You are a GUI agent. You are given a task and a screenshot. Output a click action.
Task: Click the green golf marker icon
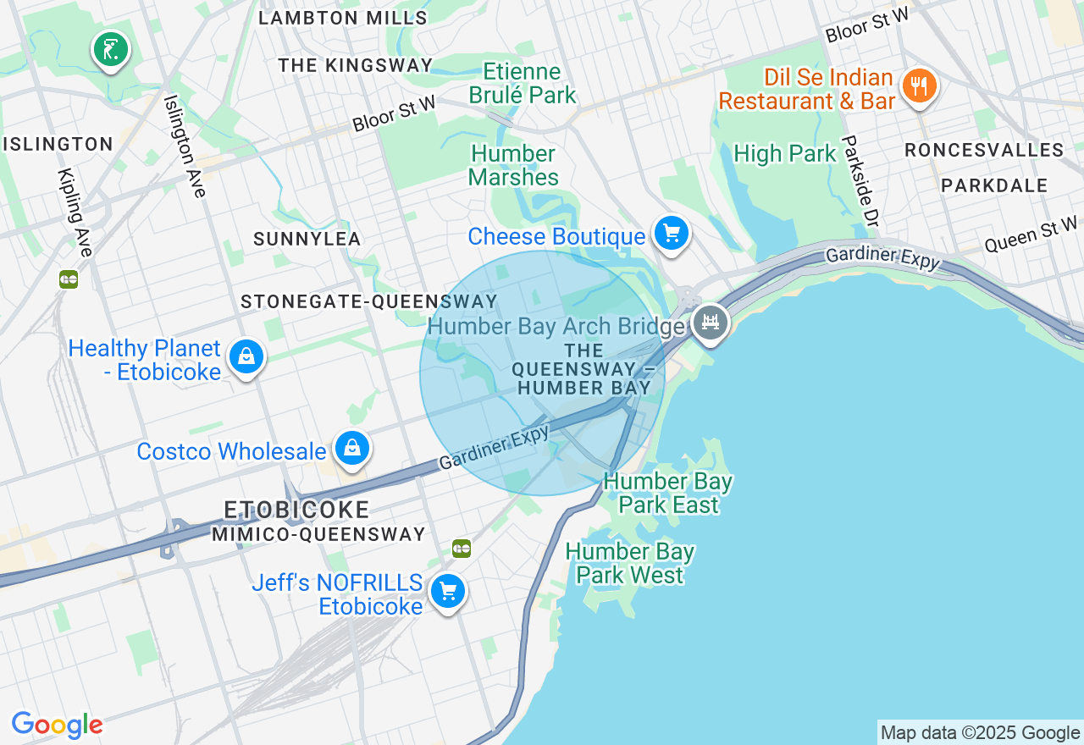110,50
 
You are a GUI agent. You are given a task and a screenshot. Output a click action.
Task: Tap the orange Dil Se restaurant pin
918,86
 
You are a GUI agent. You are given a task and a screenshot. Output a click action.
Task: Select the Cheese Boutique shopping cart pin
672,232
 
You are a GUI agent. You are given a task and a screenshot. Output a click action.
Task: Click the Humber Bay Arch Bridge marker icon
711,323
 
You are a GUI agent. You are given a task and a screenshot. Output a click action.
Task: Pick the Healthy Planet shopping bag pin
246,356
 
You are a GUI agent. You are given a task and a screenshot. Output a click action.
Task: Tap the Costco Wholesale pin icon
351,448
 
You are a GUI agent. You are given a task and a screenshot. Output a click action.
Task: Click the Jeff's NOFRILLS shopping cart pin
447,591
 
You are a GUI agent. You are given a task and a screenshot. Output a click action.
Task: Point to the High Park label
784,154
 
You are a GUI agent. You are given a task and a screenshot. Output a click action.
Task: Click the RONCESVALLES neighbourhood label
984,150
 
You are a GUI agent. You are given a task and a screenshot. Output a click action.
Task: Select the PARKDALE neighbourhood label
994,185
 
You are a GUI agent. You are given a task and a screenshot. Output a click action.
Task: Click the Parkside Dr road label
860,181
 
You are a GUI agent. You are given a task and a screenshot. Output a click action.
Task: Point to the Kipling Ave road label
75,212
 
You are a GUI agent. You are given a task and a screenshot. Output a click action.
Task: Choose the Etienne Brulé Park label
522,84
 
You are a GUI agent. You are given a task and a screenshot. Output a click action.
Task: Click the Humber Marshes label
513,165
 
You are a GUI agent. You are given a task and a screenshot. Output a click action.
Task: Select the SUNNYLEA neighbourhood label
307,240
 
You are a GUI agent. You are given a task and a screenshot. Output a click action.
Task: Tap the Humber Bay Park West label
629,564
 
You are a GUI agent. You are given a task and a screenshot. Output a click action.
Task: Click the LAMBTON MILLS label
343,18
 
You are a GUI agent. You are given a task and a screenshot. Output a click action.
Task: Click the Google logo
57,725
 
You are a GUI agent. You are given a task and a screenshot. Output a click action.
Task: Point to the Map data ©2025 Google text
980,733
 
